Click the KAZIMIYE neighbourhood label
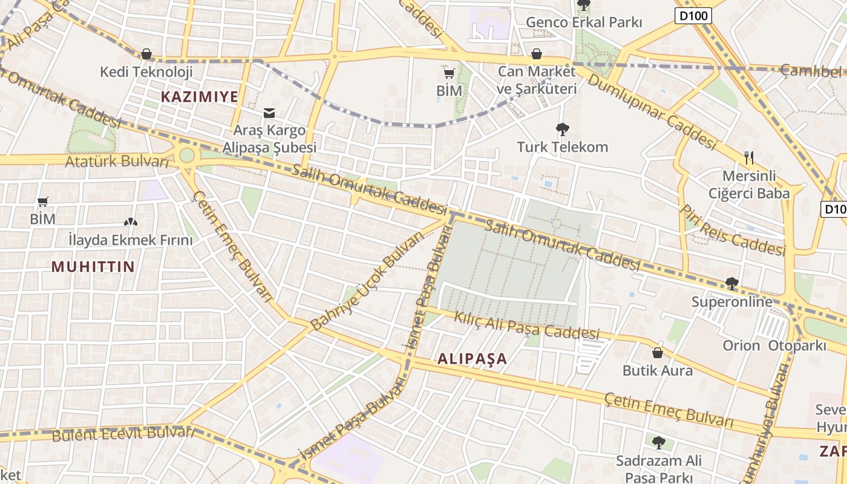tap(199, 96)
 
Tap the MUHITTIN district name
tap(93, 267)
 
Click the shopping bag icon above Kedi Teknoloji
tap(146, 54)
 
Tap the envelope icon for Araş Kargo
tap(269, 113)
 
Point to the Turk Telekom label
tap(562, 147)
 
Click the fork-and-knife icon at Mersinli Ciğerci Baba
tap(749, 158)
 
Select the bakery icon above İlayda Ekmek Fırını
tap(130, 223)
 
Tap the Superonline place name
tap(732, 301)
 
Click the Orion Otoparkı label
tap(774, 345)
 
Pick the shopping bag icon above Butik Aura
tap(658, 353)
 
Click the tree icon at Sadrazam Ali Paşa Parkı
tap(658, 443)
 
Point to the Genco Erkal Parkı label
tap(583, 22)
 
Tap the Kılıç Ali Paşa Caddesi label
tap(526, 325)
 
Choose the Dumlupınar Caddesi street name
tap(652, 112)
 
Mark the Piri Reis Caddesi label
tap(731, 231)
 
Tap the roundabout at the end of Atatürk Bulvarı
tap(187, 155)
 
